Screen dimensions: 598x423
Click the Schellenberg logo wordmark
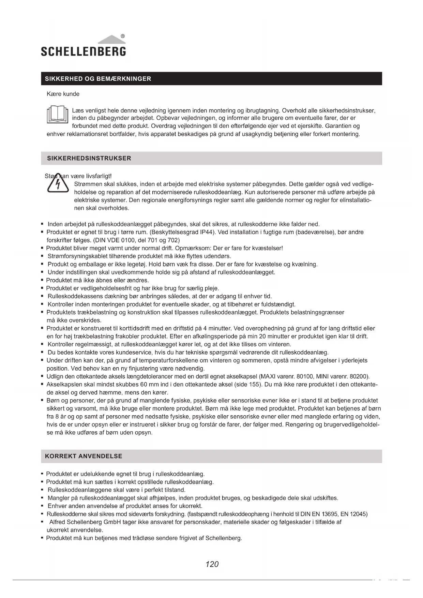(84, 51)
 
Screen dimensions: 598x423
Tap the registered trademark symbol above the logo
(123, 36)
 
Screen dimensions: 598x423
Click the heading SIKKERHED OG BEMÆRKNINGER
(98, 79)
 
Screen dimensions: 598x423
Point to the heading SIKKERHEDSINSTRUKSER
(89, 158)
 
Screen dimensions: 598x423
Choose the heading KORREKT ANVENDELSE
(84, 456)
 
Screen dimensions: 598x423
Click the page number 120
(212, 564)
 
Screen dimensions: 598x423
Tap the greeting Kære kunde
(63, 94)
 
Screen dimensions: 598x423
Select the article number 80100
(305, 377)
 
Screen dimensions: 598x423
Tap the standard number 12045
(358, 514)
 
